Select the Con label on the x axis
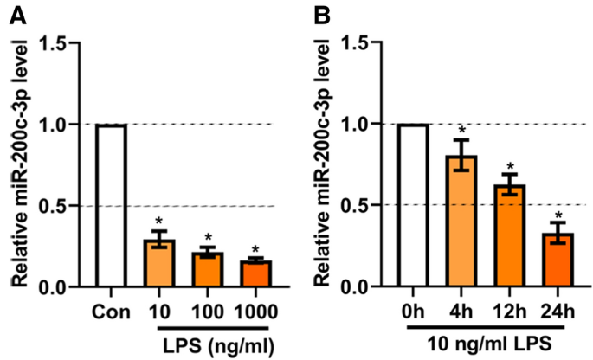(112, 309)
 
